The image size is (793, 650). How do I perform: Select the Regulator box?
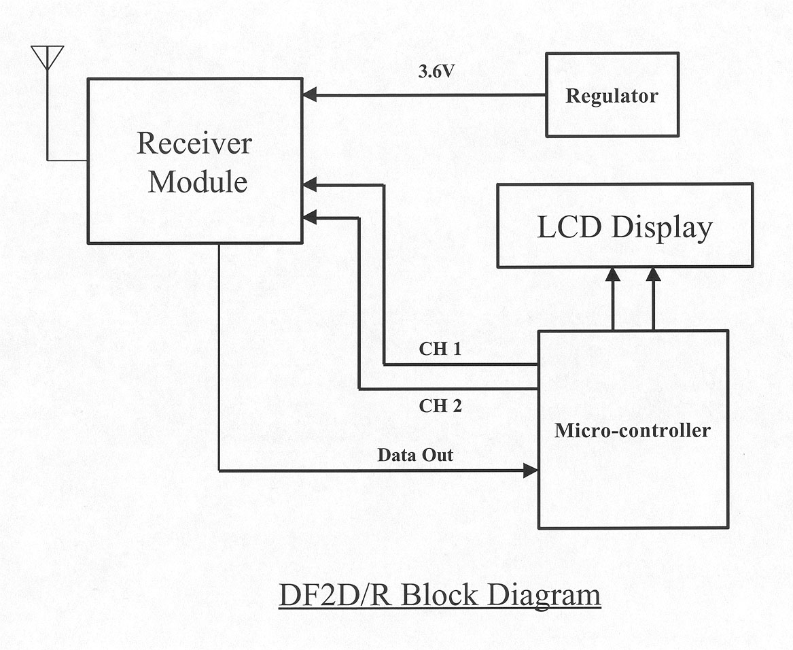pyautogui.click(x=612, y=95)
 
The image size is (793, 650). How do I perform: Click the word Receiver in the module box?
pyautogui.click(x=194, y=143)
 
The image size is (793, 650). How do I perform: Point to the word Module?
pyautogui.click(x=198, y=182)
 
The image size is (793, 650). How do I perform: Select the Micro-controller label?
pyautogui.click(x=632, y=430)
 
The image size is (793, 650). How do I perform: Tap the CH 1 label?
pyautogui.click(x=440, y=350)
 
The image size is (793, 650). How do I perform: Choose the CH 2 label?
pyautogui.click(x=440, y=407)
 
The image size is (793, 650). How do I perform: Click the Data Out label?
pyautogui.click(x=415, y=455)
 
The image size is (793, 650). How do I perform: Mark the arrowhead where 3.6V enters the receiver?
pyautogui.click(x=310, y=95)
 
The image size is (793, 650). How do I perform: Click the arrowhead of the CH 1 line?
pyautogui.click(x=310, y=184)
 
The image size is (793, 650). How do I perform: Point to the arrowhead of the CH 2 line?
pyautogui.click(x=310, y=218)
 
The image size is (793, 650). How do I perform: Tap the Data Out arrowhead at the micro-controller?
pyautogui.click(x=530, y=470)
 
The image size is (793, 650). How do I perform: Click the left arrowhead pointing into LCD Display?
pyautogui.click(x=613, y=275)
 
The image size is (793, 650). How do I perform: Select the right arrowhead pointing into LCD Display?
pyautogui.click(x=654, y=275)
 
